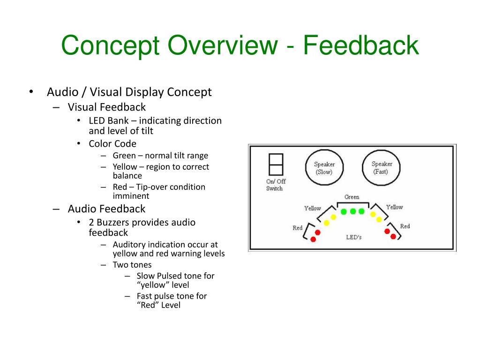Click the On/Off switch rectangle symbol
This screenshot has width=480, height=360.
[275, 165]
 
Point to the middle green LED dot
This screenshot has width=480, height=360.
[352, 211]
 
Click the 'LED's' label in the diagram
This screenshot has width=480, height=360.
[353, 237]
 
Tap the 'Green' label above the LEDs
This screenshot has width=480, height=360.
[352, 197]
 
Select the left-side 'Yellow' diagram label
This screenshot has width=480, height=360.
[313, 208]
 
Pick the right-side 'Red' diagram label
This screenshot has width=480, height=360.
[405, 226]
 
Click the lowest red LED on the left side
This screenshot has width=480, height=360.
[313, 240]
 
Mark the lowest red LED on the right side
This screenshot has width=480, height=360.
[393, 236]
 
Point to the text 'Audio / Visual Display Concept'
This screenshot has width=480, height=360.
[129, 92]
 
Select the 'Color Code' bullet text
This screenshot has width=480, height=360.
[112, 143]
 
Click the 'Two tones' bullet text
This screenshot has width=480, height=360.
[132, 265]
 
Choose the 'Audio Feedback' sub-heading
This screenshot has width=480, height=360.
[106, 209]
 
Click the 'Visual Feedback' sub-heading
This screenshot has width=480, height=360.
[106, 107]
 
